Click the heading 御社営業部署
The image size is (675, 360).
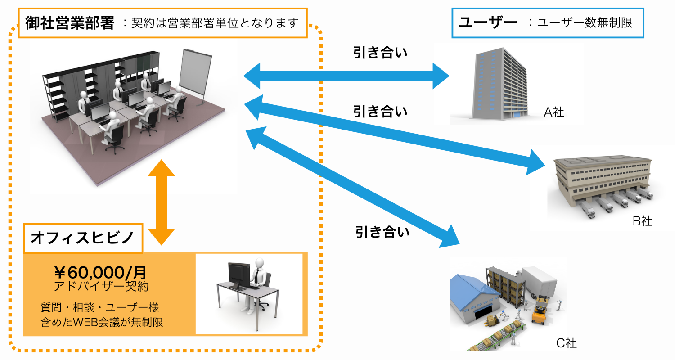click(x=70, y=22)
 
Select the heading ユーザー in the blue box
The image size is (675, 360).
click(x=487, y=22)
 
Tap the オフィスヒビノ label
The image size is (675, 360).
click(x=82, y=237)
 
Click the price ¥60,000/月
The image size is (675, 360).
click(x=100, y=272)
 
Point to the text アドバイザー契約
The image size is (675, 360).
click(x=101, y=286)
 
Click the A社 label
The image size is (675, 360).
click(x=553, y=112)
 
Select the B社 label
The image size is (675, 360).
click(x=642, y=221)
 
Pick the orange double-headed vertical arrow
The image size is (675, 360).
click(x=161, y=202)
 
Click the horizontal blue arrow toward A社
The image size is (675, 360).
click(x=346, y=76)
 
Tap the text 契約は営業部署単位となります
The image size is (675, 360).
click(x=215, y=23)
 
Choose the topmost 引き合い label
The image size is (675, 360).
click(x=380, y=53)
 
